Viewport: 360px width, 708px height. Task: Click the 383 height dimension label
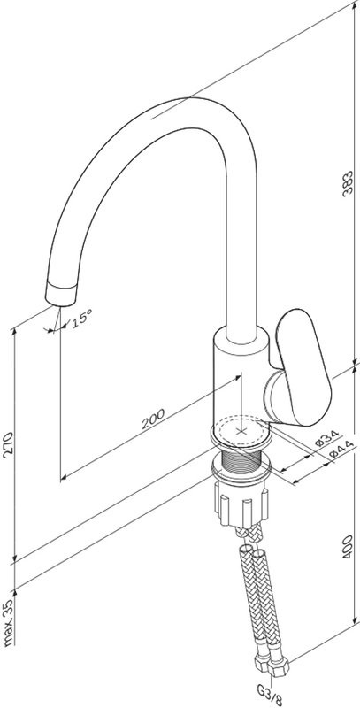coord(347,183)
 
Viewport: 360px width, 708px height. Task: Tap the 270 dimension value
coord(9,445)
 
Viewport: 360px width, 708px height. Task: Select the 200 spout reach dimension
coord(153,419)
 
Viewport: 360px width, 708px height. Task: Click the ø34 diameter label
coord(327,438)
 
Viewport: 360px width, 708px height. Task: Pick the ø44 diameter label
coord(341,450)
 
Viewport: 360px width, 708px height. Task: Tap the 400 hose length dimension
coord(347,547)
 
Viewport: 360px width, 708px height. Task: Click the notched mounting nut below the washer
coord(241,504)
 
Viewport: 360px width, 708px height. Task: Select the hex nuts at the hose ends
coord(272,666)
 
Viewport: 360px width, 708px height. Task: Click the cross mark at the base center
coord(241,431)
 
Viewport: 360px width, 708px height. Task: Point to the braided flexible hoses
coord(259,591)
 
